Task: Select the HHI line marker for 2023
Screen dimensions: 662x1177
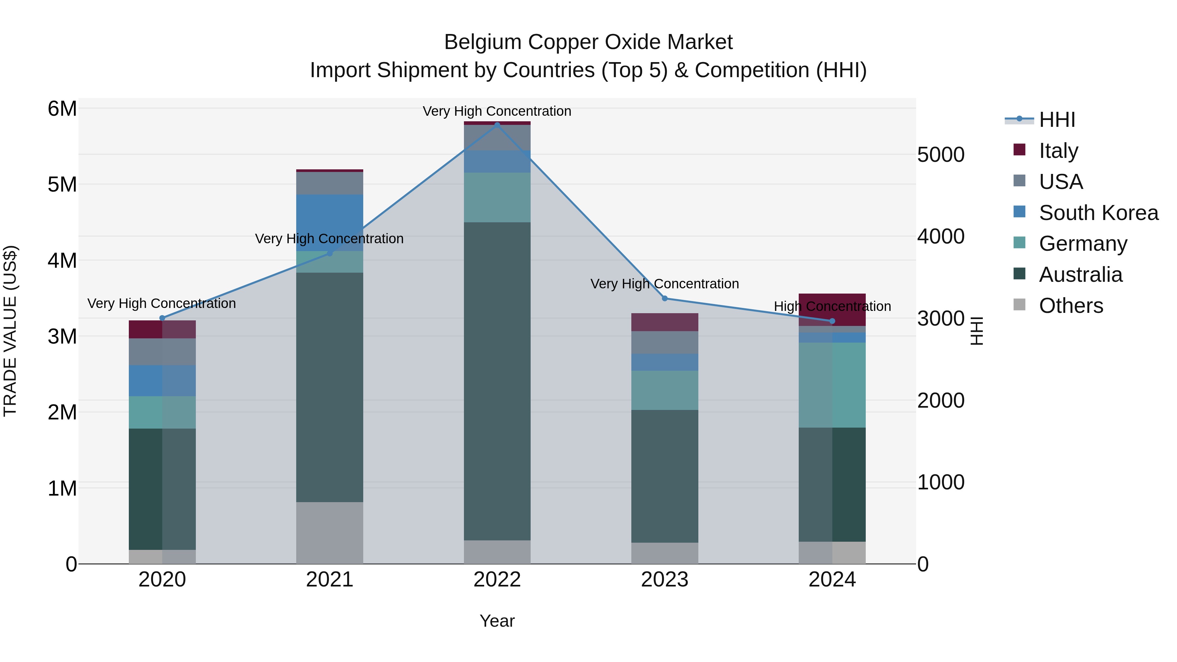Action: point(665,298)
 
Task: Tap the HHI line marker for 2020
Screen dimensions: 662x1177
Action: point(162,318)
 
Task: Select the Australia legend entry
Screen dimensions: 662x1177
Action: point(1080,275)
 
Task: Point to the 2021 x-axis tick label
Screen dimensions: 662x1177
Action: point(330,579)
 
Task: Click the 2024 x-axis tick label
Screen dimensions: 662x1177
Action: point(832,579)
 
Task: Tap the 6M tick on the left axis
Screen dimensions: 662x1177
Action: point(62,109)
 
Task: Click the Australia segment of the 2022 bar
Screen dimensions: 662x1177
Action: point(497,381)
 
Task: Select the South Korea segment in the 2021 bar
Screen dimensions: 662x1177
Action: point(330,223)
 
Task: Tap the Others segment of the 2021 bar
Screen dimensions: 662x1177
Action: point(330,533)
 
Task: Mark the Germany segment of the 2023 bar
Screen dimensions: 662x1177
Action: point(665,390)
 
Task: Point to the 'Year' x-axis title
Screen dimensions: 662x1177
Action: point(497,621)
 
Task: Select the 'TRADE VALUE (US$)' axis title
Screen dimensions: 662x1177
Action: point(10,331)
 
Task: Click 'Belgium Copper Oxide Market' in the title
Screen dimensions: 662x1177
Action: point(588,42)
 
